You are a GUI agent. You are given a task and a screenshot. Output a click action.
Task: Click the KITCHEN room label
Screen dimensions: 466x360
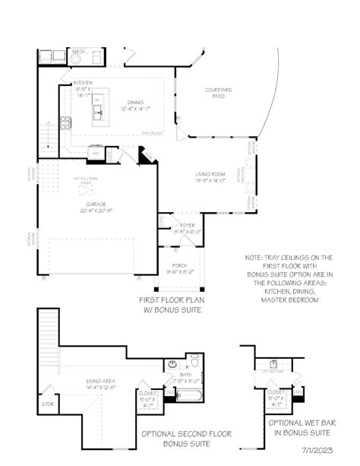(82, 84)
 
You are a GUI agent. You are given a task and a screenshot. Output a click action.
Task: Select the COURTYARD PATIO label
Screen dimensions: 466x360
(218, 91)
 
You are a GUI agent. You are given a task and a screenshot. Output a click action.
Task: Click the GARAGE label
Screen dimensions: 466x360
(96, 204)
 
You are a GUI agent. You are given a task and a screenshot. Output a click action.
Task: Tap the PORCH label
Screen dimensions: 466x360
(179, 265)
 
